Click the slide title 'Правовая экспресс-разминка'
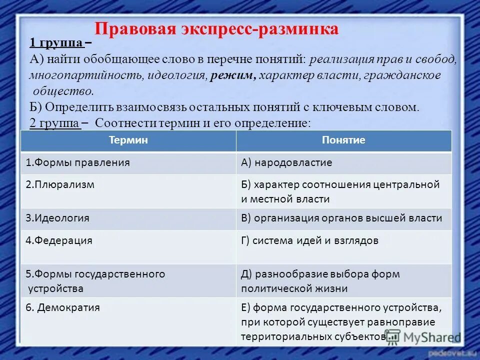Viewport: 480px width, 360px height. (x=216, y=29)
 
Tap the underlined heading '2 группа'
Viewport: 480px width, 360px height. (x=55, y=123)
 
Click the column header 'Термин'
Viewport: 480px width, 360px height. (x=128, y=140)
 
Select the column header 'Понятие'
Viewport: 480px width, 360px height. (x=343, y=140)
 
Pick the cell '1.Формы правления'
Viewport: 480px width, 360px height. (x=78, y=163)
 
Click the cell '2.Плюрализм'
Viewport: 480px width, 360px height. (x=60, y=184)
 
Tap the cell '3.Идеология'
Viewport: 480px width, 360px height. (x=57, y=218)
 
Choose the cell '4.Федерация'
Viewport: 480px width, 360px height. (x=59, y=240)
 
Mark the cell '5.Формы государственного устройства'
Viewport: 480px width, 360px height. (x=95, y=281)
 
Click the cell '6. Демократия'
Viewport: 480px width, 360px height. (x=63, y=308)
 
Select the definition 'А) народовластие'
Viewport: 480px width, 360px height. (x=286, y=163)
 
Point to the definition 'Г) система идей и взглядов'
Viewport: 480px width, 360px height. (x=309, y=240)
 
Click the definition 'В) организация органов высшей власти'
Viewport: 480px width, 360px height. (x=341, y=218)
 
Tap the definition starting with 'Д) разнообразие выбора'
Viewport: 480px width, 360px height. (x=320, y=281)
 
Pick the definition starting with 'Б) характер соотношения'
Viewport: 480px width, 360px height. (x=340, y=191)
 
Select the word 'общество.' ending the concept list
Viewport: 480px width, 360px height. (x=63, y=91)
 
